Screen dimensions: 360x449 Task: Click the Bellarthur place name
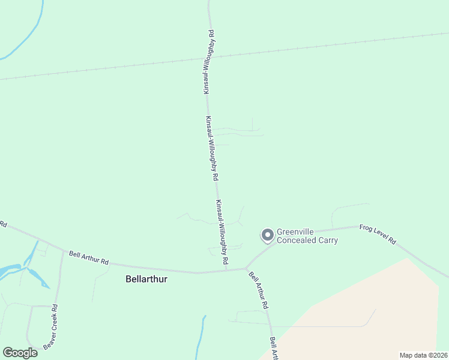pos(147,279)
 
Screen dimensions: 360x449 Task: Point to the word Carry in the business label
pos(328,241)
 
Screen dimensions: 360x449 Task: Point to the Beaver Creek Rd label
pos(55,325)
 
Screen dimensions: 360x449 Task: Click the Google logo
pos(20,353)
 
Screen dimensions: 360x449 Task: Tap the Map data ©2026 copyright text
pos(423,355)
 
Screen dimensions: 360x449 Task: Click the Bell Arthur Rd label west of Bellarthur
pos(88,258)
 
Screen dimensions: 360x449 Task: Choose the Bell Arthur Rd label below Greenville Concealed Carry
pos(259,290)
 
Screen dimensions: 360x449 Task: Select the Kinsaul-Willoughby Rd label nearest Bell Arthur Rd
pos(222,232)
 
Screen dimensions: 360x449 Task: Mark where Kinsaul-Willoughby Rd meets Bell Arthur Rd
pos(226,270)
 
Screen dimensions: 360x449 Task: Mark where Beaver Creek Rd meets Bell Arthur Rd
pos(63,251)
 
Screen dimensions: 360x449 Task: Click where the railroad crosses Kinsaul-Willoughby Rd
pos(209,58)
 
